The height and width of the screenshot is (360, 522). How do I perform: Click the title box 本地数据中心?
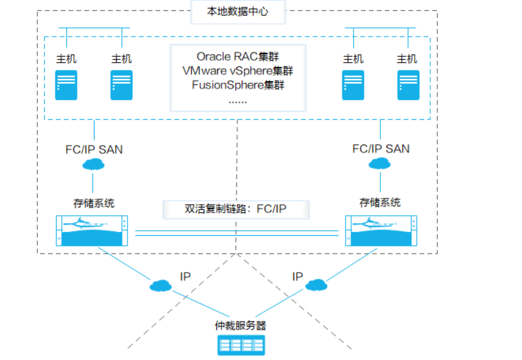click(238, 12)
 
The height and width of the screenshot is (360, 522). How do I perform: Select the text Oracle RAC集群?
click(238, 56)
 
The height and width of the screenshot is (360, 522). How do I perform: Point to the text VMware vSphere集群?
click(238, 70)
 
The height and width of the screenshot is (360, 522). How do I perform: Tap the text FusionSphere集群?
click(238, 84)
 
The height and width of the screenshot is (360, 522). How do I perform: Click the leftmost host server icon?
click(66, 85)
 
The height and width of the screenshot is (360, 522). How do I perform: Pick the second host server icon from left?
click(121, 85)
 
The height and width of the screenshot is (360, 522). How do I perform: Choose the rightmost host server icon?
click(408, 85)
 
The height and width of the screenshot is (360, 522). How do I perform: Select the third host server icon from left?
click(353, 85)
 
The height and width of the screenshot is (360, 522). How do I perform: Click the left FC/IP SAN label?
click(94, 149)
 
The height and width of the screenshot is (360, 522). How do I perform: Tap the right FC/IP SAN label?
click(381, 149)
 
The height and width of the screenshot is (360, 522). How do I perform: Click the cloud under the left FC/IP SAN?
click(94, 164)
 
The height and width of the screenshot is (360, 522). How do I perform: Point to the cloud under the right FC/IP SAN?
click(380, 164)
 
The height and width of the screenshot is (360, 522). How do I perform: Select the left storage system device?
click(92, 231)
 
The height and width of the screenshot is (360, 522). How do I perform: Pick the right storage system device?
click(381, 231)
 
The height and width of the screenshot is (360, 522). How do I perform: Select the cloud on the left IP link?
click(160, 285)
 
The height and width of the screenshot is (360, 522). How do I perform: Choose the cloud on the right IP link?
click(316, 285)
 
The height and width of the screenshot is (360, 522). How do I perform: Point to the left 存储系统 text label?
click(94, 203)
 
